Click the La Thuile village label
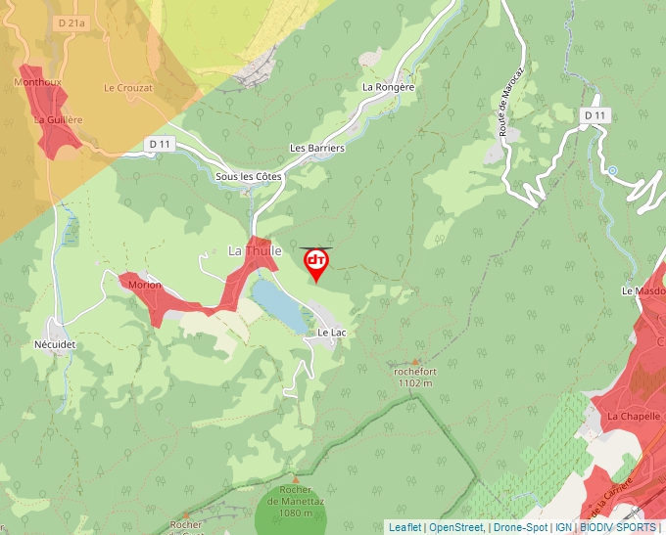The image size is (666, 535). pos(255,250)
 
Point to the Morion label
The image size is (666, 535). pos(144,286)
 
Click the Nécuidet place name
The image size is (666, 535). pos(54,345)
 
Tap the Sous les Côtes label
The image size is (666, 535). pos(249,176)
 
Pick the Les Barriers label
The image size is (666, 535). pos(317,148)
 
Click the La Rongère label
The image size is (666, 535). pos(389,87)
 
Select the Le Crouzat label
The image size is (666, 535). pos(128,88)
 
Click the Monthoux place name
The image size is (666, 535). pos(38,83)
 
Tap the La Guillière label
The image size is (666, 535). pos(58,120)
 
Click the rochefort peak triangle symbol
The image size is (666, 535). pos(415,361)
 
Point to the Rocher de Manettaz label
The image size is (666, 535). pos(295,502)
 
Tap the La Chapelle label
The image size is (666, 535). pos(634,416)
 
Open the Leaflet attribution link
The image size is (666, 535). pos(404,527)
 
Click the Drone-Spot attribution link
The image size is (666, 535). pos(520,527)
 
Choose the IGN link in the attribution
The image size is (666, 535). pos(563,527)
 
